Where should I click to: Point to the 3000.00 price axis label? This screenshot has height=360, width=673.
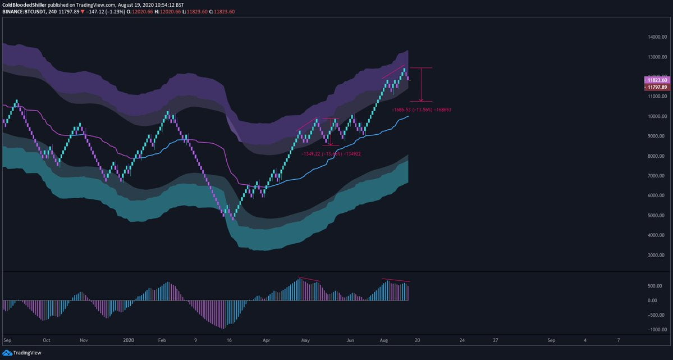[x=657, y=255]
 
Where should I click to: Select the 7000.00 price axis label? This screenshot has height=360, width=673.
[x=657, y=176]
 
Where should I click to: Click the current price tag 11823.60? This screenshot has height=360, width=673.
[x=657, y=80]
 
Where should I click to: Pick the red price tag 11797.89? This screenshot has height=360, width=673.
[x=657, y=87]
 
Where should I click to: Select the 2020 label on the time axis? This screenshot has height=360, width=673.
[x=129, y=340]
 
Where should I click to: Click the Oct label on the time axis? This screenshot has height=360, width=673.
[x=47, y=340]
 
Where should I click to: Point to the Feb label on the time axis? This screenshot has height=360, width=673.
[x=163, y=340]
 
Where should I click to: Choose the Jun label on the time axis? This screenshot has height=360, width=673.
[x=350, y=340]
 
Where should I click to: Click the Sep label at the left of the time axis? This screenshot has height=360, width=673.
[x=8, y=340]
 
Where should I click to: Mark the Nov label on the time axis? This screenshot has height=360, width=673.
[x=84, y=340]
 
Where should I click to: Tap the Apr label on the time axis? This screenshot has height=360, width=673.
[x=267, y=340]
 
